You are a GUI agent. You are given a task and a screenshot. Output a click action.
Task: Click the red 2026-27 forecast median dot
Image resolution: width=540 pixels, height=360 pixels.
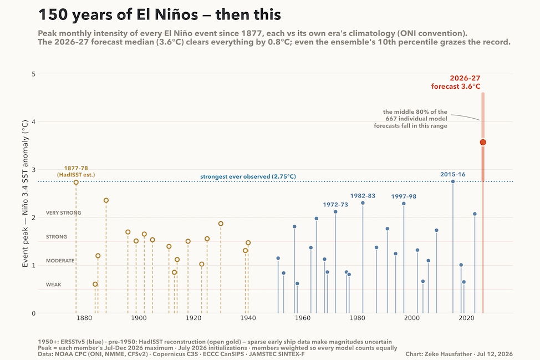pyautogui.click(x=483, y=142)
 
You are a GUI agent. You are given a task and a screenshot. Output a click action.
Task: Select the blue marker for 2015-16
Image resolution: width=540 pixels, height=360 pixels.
pyautogui.click(x=453, y=181)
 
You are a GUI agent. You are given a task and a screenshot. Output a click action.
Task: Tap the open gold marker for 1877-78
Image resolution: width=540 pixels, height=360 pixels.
pyautogui.click(x=76, y=182)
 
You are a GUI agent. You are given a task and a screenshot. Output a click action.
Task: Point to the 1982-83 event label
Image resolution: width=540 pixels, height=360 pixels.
pyautogui.click(x=363, y=196)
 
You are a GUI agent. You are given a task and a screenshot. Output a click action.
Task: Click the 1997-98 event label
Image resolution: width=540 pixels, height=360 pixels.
pyautogui.click(x=404, y=196)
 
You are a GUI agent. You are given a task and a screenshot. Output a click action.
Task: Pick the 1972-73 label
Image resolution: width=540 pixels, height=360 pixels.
pyautogui.click(x=335, y=205)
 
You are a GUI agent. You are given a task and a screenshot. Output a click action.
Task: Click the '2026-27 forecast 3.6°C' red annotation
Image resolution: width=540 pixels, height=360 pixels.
pyautogui.click(x=456, y=82)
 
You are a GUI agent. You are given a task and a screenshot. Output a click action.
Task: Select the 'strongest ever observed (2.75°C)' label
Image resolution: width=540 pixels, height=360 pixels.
pyautogui.click(x=248, y=177)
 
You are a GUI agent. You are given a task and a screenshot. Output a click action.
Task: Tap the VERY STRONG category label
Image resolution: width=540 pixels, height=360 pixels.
pyautogui.click(x=64, y=213)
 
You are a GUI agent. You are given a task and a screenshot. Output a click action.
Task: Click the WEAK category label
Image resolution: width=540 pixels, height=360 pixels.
pyautogui.click(x=54, y=285)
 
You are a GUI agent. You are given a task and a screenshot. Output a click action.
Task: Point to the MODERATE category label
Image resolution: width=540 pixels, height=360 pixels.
pyautogui.click(x=60, y=261)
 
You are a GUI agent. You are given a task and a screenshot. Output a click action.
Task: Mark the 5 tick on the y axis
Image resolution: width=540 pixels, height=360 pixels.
pyautogui.click(x=33, y=74)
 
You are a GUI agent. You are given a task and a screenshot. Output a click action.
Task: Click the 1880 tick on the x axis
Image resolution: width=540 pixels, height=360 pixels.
pyautogui.click(x=84, y=318)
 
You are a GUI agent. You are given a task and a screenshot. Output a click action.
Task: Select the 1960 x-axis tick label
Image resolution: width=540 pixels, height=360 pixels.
pyautogui.click(x=303, y=318)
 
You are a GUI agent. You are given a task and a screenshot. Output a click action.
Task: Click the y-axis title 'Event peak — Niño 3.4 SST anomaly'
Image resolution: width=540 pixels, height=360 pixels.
pyautogui.click(x=25, y=194)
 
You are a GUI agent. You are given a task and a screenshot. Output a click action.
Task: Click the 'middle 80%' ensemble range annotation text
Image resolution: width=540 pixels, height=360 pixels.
pyautogui.click(x=410, y=119)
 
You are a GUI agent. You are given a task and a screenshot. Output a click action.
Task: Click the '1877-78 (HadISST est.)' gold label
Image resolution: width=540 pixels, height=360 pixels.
pyautogui.click(x=76, y=171)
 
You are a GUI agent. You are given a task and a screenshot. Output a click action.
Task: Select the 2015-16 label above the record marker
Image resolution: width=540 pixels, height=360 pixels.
pyautogui.click(x=453, y=174)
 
